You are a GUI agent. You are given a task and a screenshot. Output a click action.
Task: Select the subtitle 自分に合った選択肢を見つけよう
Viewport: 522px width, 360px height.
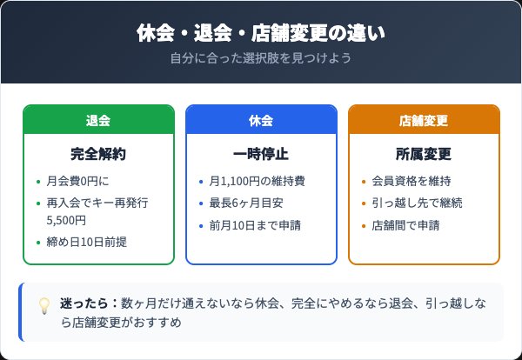coord(261,59)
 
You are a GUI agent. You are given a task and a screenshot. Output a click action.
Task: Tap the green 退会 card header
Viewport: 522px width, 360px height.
coord(98,120)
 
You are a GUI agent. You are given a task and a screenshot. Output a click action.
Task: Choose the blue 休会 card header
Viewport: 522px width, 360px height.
coord(261,120)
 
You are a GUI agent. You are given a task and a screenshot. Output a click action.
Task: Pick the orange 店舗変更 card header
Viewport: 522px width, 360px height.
coord(424,120)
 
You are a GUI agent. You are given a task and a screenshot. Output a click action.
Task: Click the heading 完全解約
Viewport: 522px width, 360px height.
coord(98,155)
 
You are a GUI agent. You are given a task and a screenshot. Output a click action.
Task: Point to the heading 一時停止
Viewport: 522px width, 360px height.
coord(261,155)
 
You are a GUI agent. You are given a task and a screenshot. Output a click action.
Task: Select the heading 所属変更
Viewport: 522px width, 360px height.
coord(424,155)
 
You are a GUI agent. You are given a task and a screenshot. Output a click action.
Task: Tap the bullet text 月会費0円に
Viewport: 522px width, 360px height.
coord(78,182)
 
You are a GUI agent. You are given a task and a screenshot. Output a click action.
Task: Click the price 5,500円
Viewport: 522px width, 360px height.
coord(66,221)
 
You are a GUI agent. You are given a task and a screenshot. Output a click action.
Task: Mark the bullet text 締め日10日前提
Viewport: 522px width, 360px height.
coord(88,242)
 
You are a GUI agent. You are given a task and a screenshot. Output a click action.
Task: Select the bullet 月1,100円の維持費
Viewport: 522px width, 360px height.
coord(257,182)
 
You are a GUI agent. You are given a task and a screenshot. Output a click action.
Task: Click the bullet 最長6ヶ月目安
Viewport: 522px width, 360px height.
coord(245,203)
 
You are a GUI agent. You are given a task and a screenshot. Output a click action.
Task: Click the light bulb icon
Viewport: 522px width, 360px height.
coord(44,306)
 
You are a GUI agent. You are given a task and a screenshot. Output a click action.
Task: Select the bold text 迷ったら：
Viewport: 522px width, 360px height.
coord(90,302)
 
